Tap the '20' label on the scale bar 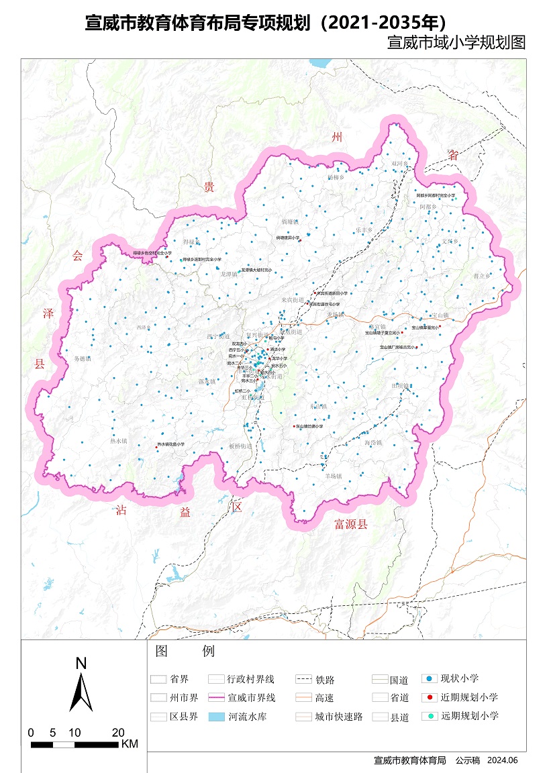pos(118,732)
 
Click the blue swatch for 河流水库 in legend pos(216,717)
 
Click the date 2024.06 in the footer pos(503,760)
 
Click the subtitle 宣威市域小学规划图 pos(456,43)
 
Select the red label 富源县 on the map pos(351,525)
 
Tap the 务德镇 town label pos(83,358)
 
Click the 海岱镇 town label pos(373,443)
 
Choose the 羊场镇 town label pos(334,476)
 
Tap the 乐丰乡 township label pos(364,229)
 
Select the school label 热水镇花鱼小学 pos(171,444)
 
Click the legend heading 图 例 pos(184,652)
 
